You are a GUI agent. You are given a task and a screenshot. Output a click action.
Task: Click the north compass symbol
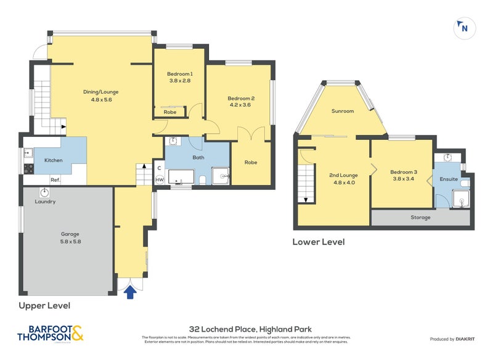tap(463, 27)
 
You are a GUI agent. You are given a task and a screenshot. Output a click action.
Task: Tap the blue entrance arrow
tap(129, 294)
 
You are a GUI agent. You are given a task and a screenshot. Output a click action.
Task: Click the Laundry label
tap(45, 202)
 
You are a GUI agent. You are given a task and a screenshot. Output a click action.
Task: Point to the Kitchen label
tap(53, 160)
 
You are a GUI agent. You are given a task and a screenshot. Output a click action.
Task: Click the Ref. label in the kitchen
tap(55, 180)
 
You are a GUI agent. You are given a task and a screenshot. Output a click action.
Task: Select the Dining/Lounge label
tap(100, 96)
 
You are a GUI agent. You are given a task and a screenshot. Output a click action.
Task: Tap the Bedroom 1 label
tap(180, 77)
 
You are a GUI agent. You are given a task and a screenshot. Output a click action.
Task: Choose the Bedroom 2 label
tap(241, 101)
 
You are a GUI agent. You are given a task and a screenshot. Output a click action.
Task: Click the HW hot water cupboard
tap(159, 179)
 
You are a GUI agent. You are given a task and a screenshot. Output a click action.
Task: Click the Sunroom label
tap(342, 112)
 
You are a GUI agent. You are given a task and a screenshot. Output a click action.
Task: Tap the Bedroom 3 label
tap(404, 176)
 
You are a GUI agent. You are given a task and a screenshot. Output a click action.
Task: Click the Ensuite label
tap(449, 179)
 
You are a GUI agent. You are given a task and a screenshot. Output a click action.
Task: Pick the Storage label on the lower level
tap(421, 218)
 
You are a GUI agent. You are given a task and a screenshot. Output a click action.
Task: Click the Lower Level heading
tap(318, 242)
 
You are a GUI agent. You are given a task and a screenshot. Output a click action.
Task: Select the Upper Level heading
tap(44, 306)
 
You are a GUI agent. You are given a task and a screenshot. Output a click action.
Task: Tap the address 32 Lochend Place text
tap(246, 329)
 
